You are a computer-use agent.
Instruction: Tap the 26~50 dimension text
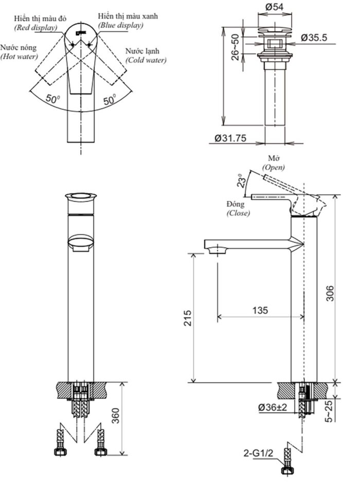[x=235, y=48]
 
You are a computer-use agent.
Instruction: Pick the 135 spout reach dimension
[x=260, y=310]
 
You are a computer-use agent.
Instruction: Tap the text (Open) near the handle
[x=273, y=167]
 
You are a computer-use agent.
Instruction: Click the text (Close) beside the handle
[x=239, y=213]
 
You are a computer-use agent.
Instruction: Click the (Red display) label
[x=35, y=27]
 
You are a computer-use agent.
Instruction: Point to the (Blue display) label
[x=121, y=25]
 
